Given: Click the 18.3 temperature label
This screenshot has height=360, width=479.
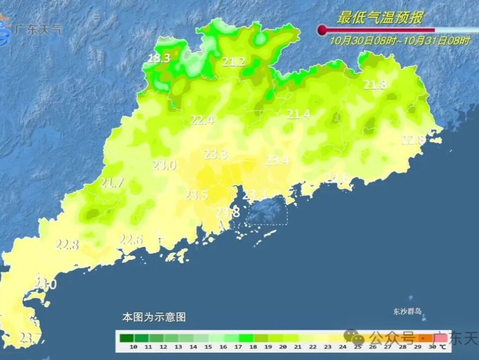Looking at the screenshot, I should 159,59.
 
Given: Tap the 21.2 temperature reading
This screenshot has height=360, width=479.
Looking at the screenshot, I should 234,62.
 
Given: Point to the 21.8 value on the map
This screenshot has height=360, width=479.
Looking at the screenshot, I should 375,85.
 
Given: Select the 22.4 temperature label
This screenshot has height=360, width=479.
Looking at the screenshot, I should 202,120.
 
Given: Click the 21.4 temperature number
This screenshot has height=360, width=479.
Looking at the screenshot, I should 298,115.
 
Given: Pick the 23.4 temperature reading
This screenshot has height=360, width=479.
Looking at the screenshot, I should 278,161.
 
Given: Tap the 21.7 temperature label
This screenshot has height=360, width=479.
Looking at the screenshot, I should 112,183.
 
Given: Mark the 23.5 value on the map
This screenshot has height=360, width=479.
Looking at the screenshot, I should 196,195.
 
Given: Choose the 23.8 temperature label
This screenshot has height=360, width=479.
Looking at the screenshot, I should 228,213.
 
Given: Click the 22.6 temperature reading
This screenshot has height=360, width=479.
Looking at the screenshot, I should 131,239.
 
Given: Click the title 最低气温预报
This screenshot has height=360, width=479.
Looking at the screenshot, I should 380,18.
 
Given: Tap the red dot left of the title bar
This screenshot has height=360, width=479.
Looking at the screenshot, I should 322,30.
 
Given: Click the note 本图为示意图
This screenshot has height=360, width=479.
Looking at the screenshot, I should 154,317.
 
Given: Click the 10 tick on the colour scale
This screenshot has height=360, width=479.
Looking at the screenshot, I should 134,347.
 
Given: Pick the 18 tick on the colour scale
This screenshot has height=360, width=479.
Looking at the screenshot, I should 253,347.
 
